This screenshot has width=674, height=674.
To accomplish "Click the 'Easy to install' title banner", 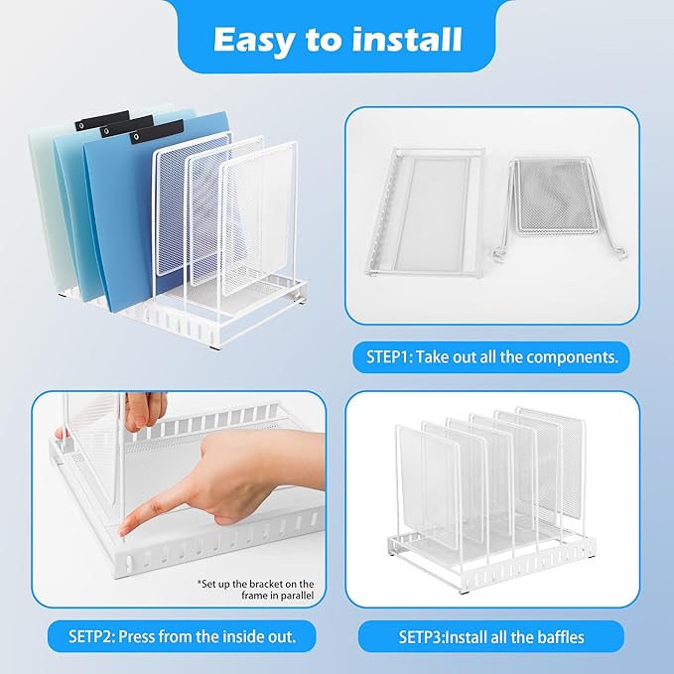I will [337, 39].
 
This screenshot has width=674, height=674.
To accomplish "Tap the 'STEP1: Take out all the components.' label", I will [491, 356].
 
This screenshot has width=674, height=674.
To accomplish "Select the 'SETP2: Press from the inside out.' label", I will [182, 635].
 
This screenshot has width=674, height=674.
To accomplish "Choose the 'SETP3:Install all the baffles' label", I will [491, 635].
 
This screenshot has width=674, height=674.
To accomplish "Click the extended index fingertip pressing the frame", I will [127, 529].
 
